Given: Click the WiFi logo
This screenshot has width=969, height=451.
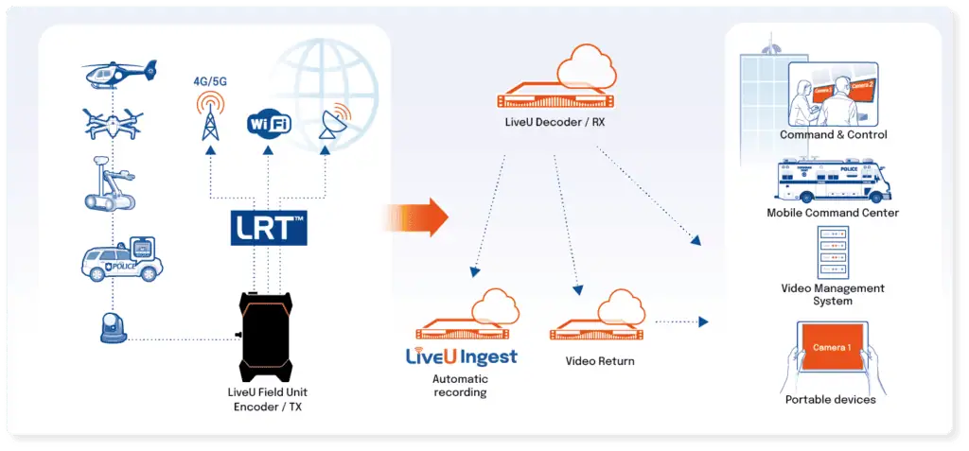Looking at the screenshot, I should click(269, 123).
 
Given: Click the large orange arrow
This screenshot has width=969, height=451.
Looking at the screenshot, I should click(416, 218).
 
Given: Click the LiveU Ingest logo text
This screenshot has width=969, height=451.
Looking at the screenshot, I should click(461, 357).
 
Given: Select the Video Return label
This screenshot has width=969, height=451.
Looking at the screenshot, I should click(600, 361).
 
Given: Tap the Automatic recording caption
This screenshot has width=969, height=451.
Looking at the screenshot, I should click(460, 386).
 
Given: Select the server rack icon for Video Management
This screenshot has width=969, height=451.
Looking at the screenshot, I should click(832, 252).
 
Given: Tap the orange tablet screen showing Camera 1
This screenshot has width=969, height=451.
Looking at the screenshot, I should click(831, 349).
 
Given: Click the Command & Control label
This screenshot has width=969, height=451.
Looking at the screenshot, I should click(833, 135).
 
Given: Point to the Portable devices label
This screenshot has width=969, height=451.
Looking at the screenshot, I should click(831, 400).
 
